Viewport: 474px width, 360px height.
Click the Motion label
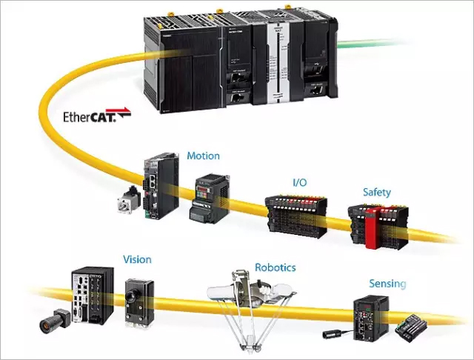pos(203,156)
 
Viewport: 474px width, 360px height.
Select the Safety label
pos(376,193)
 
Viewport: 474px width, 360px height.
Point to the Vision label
pos(136,259)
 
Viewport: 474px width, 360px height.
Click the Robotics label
pos(275,267)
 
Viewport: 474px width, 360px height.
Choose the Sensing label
pos(387,283)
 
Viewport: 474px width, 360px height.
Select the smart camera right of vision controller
pos(139,300)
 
